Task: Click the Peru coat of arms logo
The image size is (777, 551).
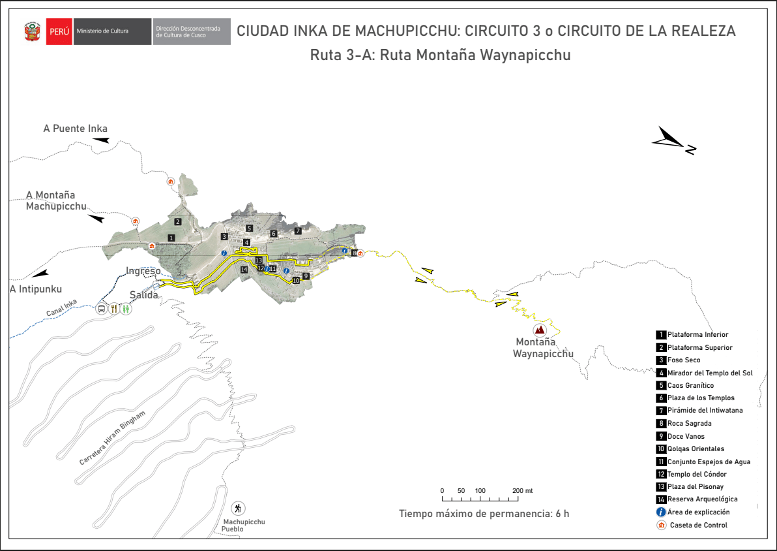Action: (x=32, y=32)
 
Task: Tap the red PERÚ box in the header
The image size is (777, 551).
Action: (x=59, y=31)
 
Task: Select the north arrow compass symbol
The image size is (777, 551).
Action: (x=674, y=140)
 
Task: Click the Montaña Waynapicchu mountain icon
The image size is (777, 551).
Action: (x=540, y=330)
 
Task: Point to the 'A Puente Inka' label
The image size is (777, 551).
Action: (x=75, y=129)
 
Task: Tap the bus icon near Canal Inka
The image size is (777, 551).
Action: (x=102, y=308)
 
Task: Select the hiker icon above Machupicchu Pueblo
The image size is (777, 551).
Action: (x=238, y=509)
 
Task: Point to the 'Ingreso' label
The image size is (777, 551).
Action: (x=143, y=271)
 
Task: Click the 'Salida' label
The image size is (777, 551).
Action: (x=144, y=294)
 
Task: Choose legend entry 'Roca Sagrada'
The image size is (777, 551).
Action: (x=688, y=424)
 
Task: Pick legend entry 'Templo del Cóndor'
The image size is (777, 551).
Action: (x=696, y=474)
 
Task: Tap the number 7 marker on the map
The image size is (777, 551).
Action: (x=298, y=230)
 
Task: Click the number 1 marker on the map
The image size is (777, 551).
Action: (x=171, y=238)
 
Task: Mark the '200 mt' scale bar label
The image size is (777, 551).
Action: (x=523, y=490)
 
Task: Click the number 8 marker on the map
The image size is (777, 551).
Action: (x=354, y=253)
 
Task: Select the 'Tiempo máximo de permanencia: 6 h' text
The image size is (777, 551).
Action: (x=484, y=513)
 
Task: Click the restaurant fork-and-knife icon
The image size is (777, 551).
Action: (x=114, y=308)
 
